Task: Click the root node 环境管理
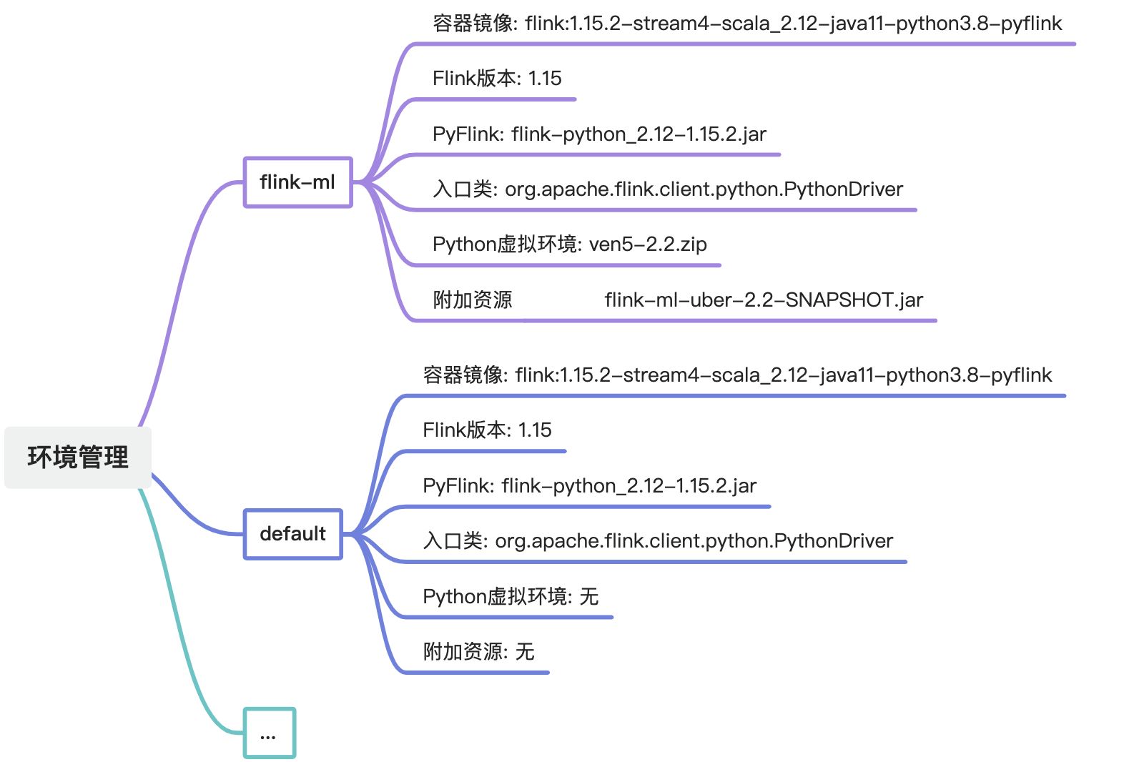pos(78,457)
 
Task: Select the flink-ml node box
pos(297,182)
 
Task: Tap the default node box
pos(292,534)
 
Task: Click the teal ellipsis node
pos(269,733)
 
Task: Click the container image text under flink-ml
pos(746,24)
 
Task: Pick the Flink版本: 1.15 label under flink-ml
pos(497,79)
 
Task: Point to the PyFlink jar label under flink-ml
pos(599,134)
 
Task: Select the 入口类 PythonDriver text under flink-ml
pos(668,189)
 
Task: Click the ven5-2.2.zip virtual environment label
pos(569,244)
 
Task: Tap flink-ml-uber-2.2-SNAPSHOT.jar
pos(764,300)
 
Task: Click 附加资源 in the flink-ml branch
pos(473,300)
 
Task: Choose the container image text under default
pos(737,375)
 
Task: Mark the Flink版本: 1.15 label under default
pos(487,430)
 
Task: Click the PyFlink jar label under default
pos(589,486)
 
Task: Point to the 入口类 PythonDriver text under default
pos(658,541)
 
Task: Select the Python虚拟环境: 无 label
pos(511,596)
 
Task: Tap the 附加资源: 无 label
pos(478,652)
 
